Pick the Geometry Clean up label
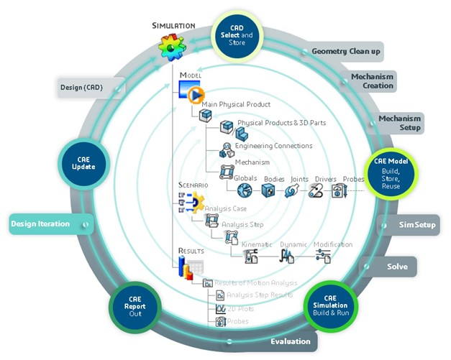point(346,52)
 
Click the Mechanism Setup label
point(400,123)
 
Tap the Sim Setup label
point(417,225)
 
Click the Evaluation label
point(290,341)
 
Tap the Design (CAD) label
point(81,88)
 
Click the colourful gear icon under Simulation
point(172,47)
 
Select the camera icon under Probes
point(338,190)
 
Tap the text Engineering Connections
point(273,146)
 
